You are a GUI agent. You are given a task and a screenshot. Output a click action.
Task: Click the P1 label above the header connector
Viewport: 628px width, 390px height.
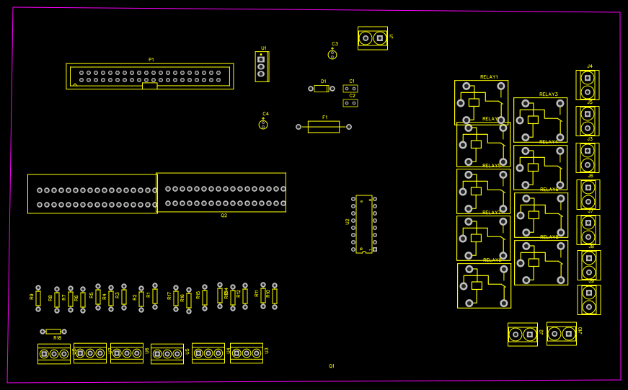click(x=151, y=59)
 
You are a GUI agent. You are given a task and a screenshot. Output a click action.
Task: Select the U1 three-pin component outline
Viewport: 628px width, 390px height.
click(x=261, y=67)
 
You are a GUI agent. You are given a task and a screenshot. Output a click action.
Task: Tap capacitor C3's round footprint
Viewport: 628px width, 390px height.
click(x=333, y=54)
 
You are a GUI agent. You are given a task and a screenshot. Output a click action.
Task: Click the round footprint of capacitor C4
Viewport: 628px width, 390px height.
click(x=263, y=125)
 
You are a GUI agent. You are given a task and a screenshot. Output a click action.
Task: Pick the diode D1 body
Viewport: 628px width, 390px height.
click(x=322, y=89)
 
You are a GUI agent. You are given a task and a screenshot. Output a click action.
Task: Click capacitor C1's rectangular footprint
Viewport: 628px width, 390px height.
click(x=350, y=89)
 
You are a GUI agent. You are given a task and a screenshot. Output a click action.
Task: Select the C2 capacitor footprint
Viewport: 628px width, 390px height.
click(x=350, y=103)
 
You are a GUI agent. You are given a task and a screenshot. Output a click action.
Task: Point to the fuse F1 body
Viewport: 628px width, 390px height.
click(x=324, y=127)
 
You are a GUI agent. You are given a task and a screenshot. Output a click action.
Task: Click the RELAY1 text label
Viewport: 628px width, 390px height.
click(x=489, y=77)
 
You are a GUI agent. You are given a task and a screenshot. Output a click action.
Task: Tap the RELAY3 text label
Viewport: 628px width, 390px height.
click(x=548, y=94)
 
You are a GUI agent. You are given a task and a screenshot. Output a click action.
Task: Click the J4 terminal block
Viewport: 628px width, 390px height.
click(x=588, y=85)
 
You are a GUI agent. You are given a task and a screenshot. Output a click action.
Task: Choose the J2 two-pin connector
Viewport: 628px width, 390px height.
click(x=523, y=334)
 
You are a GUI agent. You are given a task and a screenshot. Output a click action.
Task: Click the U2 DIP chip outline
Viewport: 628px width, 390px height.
click(x=364, y=223)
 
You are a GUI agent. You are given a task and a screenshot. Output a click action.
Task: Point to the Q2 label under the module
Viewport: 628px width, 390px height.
click(x=224, y=216)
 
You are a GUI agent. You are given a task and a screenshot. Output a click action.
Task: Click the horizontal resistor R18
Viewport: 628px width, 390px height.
click(x=53, y=332)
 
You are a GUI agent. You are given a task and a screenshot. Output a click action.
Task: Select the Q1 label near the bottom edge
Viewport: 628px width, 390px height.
click(x=332, y=366)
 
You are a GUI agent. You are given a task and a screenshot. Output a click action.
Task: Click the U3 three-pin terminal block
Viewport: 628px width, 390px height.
click(x=247, y=353)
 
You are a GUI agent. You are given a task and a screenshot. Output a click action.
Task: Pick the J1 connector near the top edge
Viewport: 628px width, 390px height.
click(x=372, y=38)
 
